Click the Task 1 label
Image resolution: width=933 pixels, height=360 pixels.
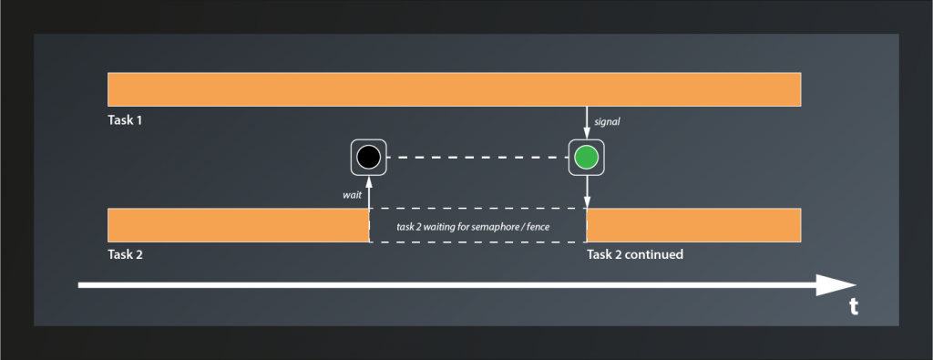click(125, 120)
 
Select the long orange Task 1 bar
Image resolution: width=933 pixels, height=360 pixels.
click(454, 88)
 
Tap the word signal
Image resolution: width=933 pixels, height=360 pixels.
click(608, 120)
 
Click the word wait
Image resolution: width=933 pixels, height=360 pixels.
click(353, 194)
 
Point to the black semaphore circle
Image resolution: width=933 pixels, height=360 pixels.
click(368, 158)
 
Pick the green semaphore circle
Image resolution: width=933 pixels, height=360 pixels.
click(587, 158)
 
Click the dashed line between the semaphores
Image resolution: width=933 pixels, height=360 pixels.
click(477, 158)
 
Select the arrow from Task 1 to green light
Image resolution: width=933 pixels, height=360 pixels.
click(587, 121)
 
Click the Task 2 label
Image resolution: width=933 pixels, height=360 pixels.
click(125, 254)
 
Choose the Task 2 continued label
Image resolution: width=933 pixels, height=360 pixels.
click(635, 254)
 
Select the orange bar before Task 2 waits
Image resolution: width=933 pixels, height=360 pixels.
click(237, 224)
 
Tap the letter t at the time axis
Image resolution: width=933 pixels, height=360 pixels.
click(854, 307)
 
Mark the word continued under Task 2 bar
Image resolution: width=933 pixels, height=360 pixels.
click(653, 254)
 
